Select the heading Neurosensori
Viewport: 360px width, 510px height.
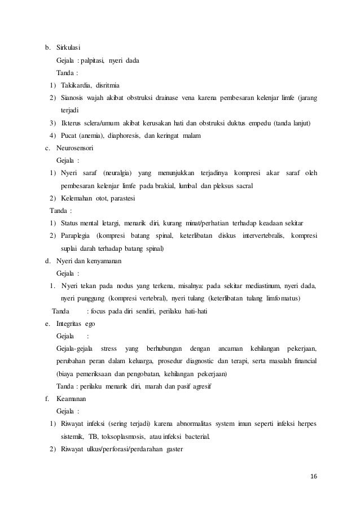pyautogui.click(x=75, y=149)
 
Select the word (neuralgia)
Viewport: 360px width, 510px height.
pyautogui.click(x=121, y=173)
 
